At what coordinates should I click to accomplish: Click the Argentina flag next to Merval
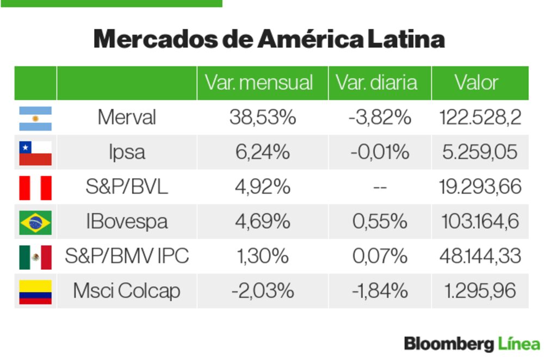[35, 118]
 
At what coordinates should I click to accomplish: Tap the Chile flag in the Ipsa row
[35, 153]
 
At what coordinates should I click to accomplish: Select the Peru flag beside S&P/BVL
[35, 188]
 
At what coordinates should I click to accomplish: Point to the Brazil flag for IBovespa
[35, 222]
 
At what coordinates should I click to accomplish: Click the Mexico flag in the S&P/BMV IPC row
[35, 257]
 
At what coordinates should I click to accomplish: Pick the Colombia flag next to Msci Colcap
[35, 291]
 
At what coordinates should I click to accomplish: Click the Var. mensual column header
[259, 83]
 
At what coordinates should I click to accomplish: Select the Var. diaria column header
[376, 83]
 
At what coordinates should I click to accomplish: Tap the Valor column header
[477, 83]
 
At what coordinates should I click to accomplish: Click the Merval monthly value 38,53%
[262, 117]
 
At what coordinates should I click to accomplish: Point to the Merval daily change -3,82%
[380, 117]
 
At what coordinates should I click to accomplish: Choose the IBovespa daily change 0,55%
[380, 222]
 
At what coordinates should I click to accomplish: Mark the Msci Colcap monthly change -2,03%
[262, 291]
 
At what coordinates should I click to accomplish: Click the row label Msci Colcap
[126, 291]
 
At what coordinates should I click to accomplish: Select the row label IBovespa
[126, 222]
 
